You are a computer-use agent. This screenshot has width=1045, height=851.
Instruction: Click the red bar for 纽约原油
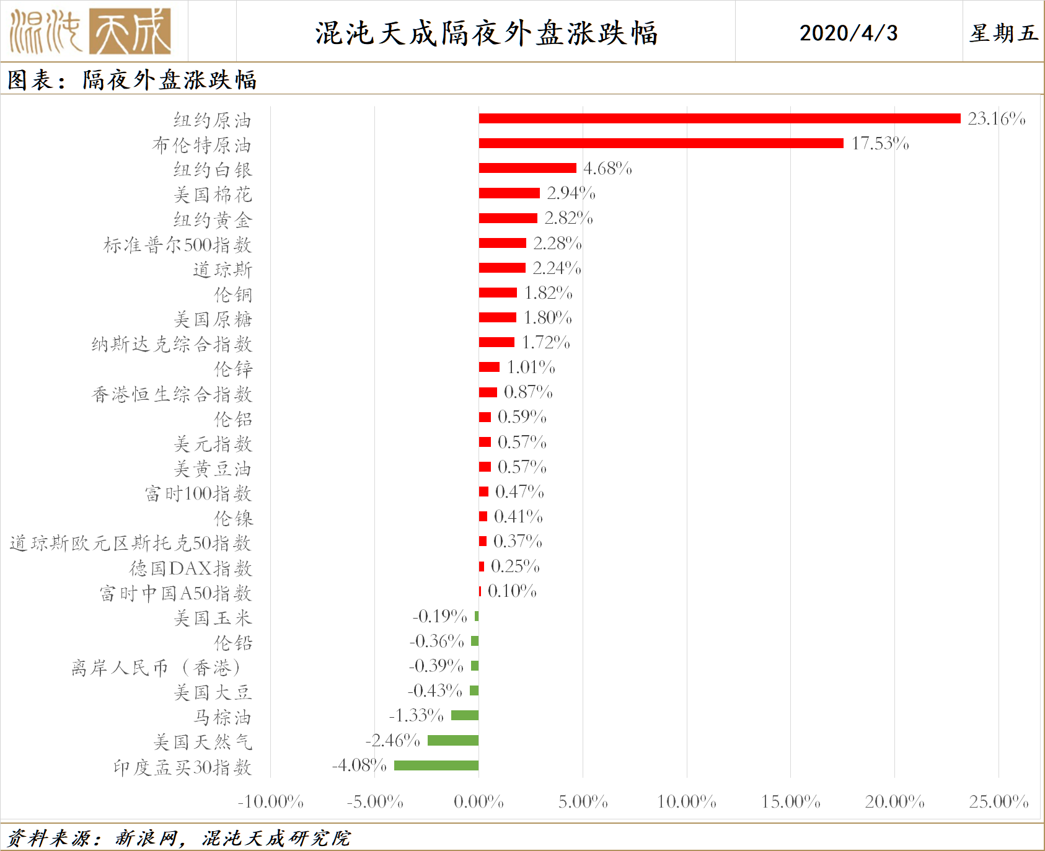(719, 118)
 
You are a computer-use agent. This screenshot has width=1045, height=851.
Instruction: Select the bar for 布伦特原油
(661, 143)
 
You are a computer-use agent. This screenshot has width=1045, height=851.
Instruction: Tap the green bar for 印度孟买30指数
(436, 765)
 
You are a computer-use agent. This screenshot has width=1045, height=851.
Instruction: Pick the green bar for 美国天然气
(453, 740)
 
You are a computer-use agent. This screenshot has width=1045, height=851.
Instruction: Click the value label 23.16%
(996, 118)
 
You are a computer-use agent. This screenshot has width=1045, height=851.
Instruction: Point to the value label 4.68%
(607, 169)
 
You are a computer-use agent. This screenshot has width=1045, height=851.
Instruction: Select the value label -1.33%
(416, 716)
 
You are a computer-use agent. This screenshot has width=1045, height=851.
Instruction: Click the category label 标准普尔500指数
(177, 245)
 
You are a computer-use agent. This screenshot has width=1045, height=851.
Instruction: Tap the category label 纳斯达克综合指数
(172, 344)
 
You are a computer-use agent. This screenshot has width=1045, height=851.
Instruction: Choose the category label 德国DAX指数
(190, 568)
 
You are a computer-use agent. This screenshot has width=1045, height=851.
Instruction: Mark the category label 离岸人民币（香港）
(156, 668)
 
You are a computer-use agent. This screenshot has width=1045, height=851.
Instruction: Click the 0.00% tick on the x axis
(478, 802)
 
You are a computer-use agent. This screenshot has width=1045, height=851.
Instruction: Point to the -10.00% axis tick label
(270, 802)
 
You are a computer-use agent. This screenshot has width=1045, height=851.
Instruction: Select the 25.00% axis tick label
(999, 802)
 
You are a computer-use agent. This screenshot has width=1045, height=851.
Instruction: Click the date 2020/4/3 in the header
(848, 33)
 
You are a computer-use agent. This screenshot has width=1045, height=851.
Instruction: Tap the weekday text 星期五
(1003, 33)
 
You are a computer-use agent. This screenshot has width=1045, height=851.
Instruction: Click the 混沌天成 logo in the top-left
(90, 31)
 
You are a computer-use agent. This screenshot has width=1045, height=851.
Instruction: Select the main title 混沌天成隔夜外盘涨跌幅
(486, 33)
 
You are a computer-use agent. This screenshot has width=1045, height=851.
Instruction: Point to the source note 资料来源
(179, 838)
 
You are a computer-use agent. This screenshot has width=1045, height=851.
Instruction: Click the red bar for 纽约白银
(527, 168)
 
